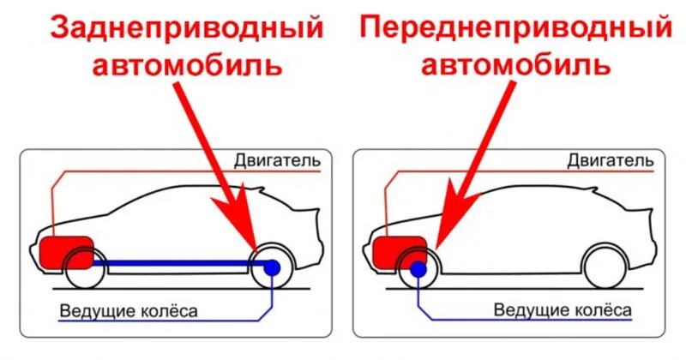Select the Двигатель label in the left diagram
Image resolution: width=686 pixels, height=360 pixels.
point(276,160)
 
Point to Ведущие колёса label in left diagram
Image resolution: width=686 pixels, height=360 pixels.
point(129,310)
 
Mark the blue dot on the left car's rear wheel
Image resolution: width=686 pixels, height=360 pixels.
point(272,267)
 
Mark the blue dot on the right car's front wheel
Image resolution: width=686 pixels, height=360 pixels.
point(418,269)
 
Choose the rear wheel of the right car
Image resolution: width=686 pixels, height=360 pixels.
point(605,267)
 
